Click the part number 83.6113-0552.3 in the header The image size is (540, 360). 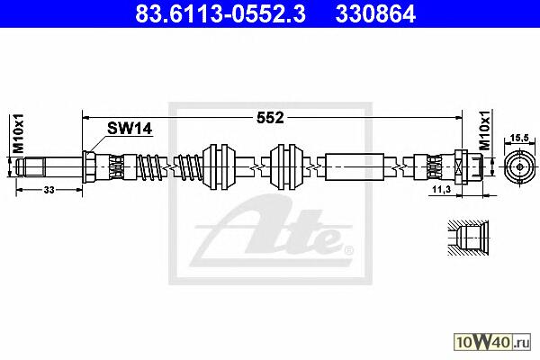pos(220,14)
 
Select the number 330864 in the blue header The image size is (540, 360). pos(375,14)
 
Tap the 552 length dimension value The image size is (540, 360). pos(270,118)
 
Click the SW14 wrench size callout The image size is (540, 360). pos(130,129)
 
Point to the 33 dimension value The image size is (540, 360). pos(49,190)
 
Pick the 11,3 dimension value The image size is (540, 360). pos(442,189)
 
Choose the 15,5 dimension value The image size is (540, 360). pos(519,138)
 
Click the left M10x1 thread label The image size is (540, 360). pos(18,133)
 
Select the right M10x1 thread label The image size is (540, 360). pos(485,130)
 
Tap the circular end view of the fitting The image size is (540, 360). pos(520,167)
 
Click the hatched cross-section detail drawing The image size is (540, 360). pos(468,238)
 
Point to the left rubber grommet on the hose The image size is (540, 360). pos(219,167)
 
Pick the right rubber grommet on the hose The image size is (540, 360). pos(286,167)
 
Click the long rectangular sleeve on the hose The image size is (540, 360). pos(355,167)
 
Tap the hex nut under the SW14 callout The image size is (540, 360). pos(89,167)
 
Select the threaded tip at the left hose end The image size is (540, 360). pos(31,167)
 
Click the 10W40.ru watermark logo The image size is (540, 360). pos(492,342)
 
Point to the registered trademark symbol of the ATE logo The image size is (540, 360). pos(349,250)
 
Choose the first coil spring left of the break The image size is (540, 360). pos(149,167)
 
